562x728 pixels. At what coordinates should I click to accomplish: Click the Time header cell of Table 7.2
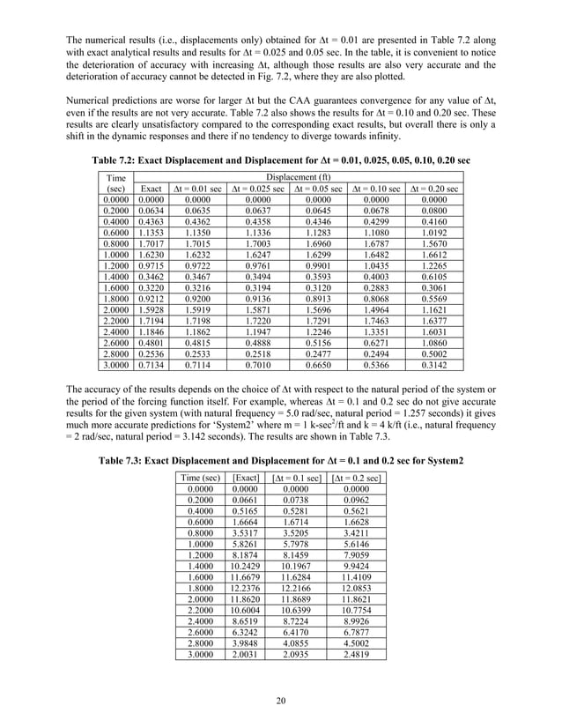click(x=113, y=177)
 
